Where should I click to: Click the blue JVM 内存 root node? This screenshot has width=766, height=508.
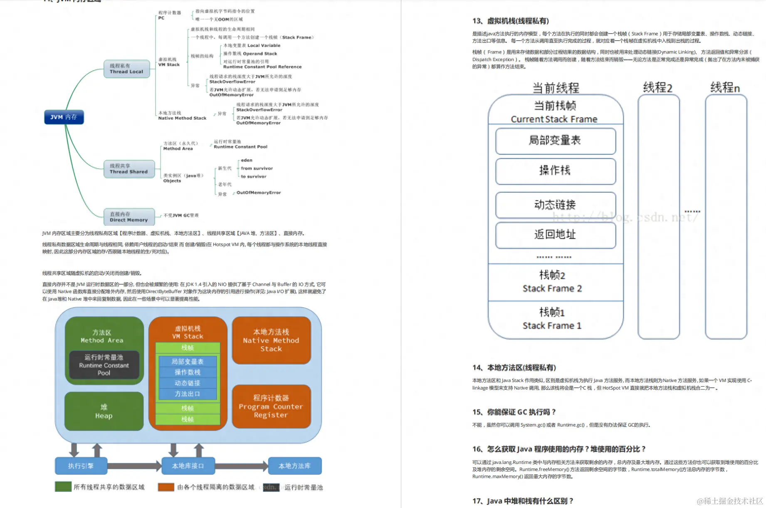pos(64,117)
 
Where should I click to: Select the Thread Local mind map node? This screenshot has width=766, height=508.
pos(126,69)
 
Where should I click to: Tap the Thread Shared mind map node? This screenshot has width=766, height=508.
pos(129,169)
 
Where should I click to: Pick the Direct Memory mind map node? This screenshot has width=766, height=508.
pos(129,217)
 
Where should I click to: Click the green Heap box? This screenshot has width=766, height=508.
pos(104,412)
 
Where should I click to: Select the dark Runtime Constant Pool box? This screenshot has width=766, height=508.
pos(104,365)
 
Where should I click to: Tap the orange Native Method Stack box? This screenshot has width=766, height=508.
pos(271,340)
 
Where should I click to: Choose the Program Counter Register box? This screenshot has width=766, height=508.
pos(271,407)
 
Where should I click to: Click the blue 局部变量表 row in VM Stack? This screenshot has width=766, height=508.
pos(188,362)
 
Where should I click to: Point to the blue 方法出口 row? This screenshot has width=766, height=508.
pos(188,394)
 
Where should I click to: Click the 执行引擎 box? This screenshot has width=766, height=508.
pos(81,466)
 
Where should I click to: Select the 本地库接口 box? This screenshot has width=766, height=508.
pos(188,466)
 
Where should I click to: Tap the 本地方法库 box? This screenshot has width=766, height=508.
pos(294,466)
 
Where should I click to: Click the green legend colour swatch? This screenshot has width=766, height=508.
pos(63,487)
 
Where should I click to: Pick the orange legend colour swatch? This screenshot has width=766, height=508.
pos(166,487)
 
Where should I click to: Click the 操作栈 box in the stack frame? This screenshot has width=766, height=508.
pos(555,171)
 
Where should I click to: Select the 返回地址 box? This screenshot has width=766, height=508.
pos(555,235)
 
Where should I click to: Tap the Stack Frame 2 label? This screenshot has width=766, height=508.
pos(552,289)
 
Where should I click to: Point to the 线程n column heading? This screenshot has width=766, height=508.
pos(725,88)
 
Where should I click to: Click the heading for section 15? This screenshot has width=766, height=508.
pos(514,412)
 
